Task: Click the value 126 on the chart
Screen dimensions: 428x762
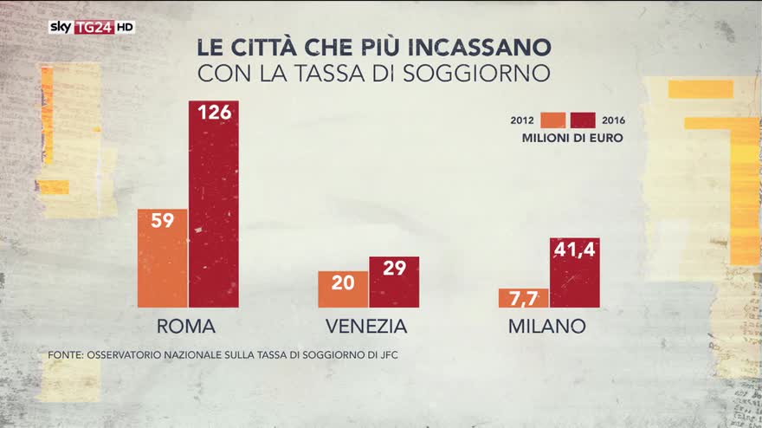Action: tap(213, 113)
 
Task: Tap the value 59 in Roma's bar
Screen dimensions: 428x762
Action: tap(162, 220)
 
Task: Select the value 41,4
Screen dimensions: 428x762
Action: tap(574, 250)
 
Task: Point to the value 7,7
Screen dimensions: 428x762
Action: tap(523, 299)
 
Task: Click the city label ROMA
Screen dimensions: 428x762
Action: tap(186, 327)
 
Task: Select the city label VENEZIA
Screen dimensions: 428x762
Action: tap(366, 327)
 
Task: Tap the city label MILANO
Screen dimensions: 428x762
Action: tap(547, 327)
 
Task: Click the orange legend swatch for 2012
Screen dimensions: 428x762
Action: tap(552, 120)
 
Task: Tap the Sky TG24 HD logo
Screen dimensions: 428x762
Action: tap(91, 27)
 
